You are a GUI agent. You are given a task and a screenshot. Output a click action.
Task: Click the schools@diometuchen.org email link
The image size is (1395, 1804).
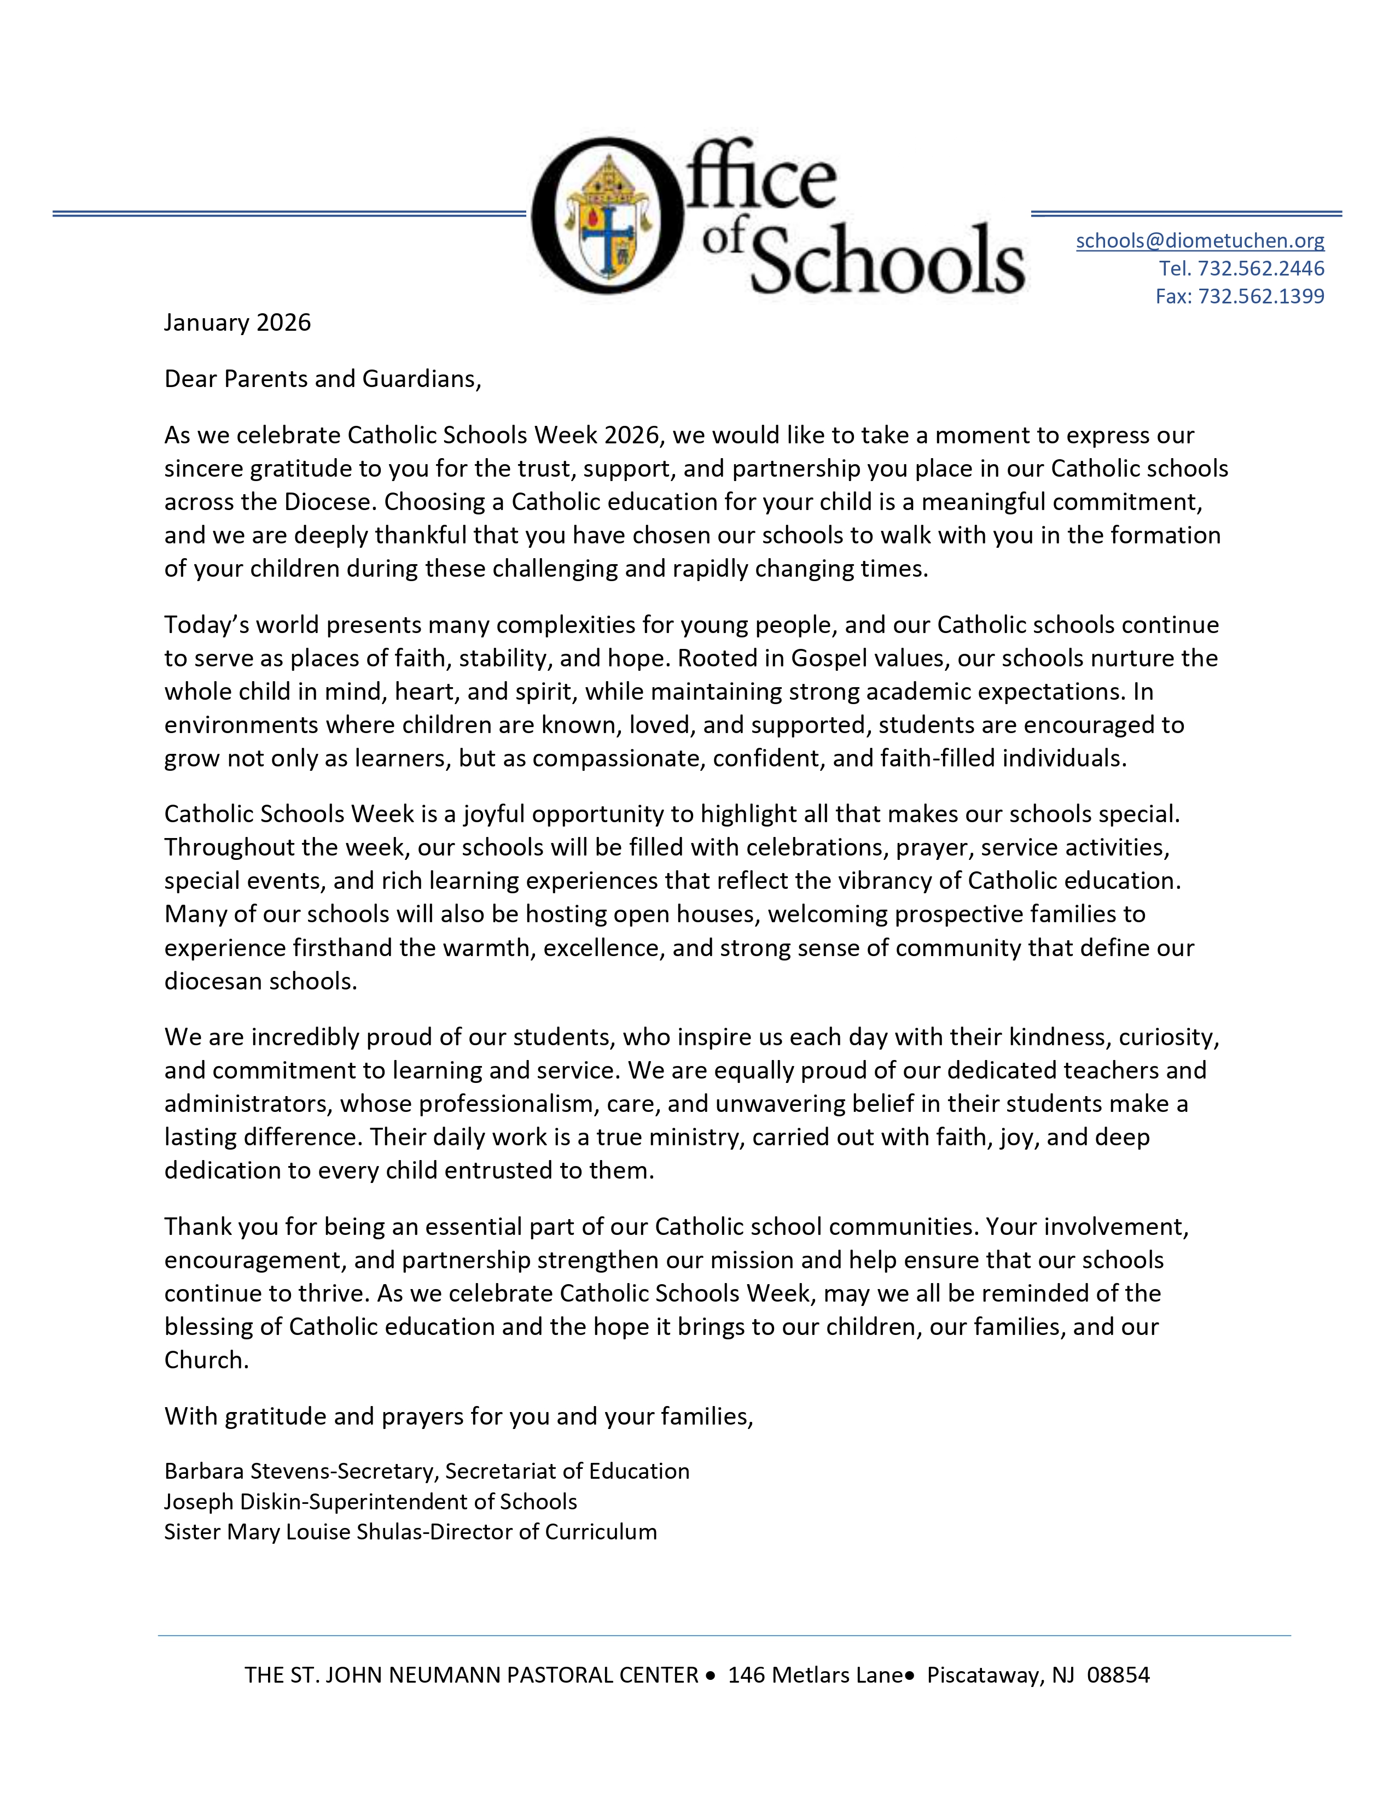pyautogui.click(x=1199, y=241)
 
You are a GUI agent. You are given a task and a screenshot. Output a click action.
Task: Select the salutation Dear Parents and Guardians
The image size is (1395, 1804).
pyautogui.click(x=322, y=379)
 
